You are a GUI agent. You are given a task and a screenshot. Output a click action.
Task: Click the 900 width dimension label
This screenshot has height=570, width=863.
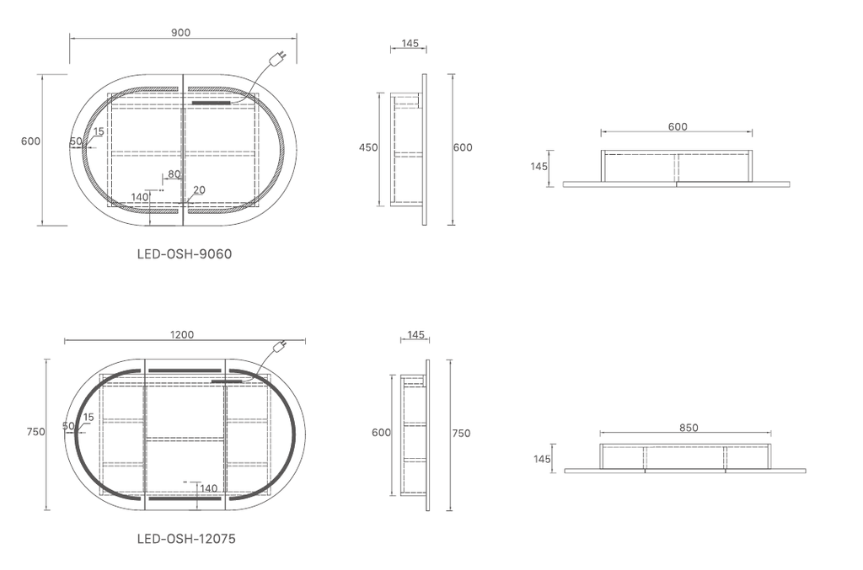click(x=180, y=33)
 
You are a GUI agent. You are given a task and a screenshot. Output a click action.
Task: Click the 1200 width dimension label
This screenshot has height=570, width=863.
click(x=182, y=335)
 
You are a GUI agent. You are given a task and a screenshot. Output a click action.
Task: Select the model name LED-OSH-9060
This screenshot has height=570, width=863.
click(x=185, y=254)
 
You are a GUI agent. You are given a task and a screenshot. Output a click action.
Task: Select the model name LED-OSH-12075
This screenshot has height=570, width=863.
click(x=186, y=539)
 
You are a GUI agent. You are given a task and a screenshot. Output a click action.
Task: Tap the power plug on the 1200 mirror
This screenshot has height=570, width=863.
click(x=280, y=346)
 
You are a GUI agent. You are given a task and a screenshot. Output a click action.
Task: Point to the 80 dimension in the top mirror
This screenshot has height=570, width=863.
click(x=174, y=174)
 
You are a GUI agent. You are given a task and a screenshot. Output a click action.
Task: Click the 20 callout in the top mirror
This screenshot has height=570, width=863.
click(x=199, y=189)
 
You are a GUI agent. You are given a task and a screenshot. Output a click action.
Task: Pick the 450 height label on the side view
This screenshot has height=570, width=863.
click(x=368, y=147)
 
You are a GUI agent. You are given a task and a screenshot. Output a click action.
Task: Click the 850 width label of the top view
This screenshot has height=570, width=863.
click(x=689, y=428)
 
